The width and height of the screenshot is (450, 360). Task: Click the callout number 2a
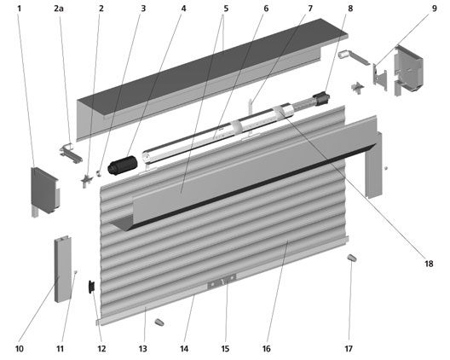click(x=59, y=9)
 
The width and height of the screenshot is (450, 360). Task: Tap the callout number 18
click(x=429, y=264)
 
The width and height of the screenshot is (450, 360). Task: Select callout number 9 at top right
click(x=435, y=9)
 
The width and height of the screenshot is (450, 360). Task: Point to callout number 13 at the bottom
click(x=142, y=349)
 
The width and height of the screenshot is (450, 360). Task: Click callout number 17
click(x=349, y=349)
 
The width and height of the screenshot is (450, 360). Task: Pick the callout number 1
click(x=20, y=9)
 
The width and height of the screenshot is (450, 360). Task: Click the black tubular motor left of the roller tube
click(x=123, y=165)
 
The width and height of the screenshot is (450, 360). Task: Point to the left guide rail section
click(x=63, y=270)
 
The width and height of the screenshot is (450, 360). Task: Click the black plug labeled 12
click(x=92, y=287)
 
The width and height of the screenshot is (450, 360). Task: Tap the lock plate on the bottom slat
click(x=222, y=282)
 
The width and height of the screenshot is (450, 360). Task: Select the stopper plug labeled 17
click(x=352, y=258)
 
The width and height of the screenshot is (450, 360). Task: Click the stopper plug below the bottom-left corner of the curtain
click(x=159, y=322)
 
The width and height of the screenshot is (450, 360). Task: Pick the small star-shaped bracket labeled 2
click(x=86, y=181)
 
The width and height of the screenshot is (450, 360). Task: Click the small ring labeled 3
click(x=99, y=173)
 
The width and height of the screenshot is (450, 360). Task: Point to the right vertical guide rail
click(x=373, y=165)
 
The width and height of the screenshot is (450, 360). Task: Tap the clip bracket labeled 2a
click(x=71, y=153)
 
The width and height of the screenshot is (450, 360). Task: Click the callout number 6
click(x=266, y=9)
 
